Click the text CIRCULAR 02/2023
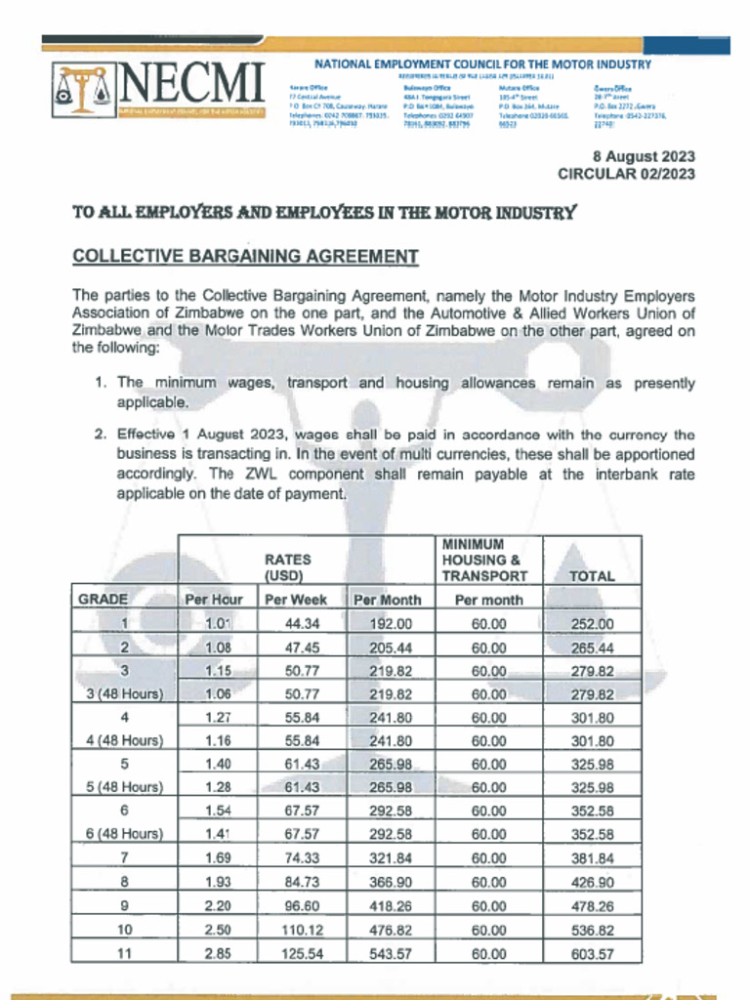(626, 174)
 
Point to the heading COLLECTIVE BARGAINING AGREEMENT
(245, 257)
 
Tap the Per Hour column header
(214, 600)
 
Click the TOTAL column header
(592, 576)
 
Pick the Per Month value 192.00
(391, 624)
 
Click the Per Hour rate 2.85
(217, 952)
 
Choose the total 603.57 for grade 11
(592, 952)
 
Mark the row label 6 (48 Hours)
(124, 835)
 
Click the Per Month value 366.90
(391, 882)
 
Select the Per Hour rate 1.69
(217, 858)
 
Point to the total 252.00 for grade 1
(592, 624)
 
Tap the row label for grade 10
(124, 929)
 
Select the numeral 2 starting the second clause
(100, 434)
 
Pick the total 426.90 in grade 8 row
(592, 882)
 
